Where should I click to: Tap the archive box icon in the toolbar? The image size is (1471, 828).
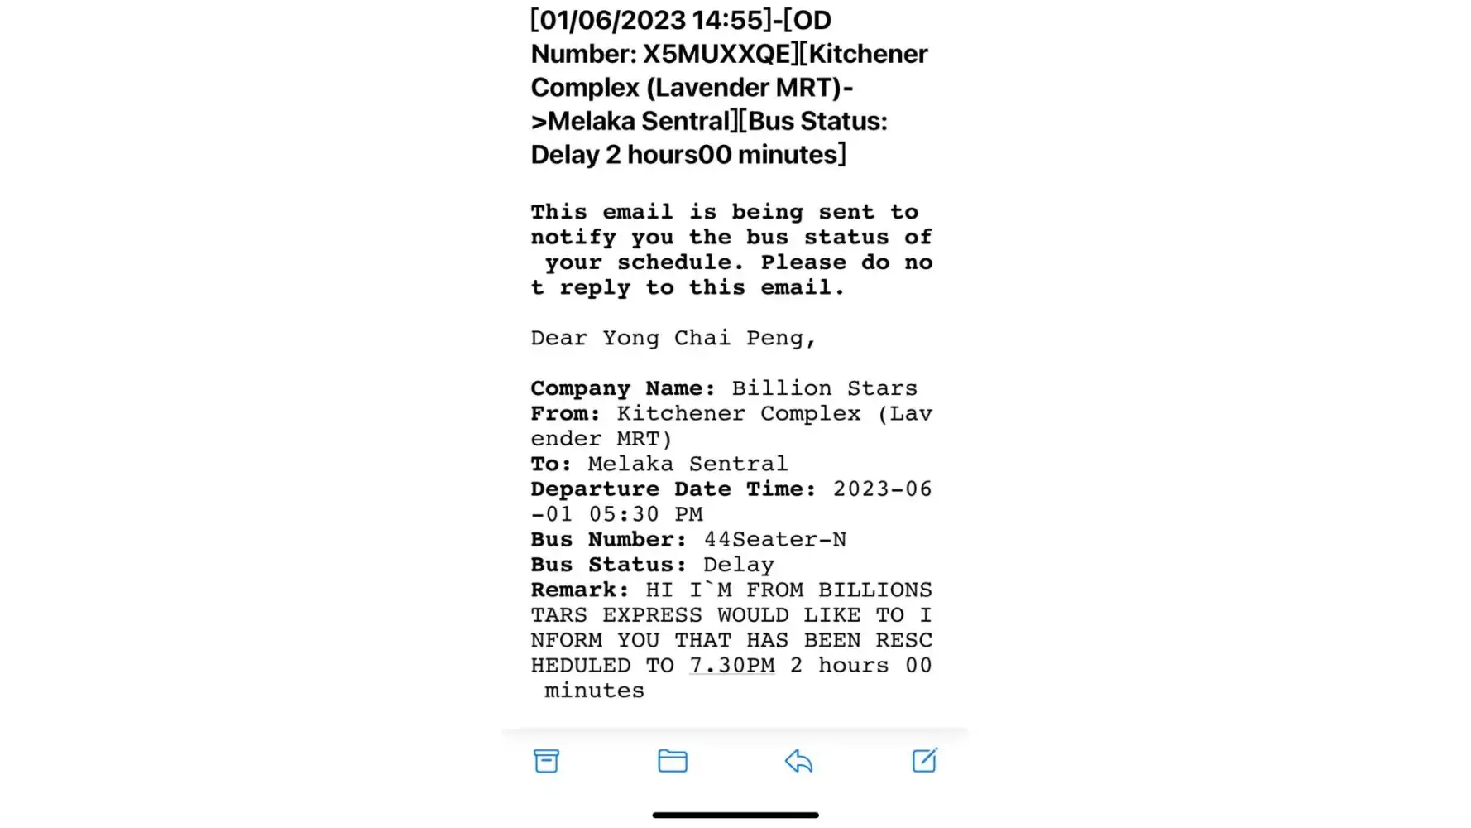546,761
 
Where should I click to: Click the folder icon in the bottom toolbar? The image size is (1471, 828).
672,761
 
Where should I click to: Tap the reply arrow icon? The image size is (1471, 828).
798,761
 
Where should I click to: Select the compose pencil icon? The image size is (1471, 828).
924,760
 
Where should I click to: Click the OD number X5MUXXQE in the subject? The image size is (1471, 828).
717,54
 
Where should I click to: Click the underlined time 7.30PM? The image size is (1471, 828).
732,666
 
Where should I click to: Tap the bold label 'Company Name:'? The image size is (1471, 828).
623,388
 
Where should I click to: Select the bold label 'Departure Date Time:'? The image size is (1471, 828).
673,489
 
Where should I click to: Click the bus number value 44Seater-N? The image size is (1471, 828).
775,540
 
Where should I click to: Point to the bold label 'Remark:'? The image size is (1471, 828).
580,590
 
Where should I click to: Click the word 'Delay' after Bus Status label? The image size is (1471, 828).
739,565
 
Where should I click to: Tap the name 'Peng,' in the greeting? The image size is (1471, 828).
781,338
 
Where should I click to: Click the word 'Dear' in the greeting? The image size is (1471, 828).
558,338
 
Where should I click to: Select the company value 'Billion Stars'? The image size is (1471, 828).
824,388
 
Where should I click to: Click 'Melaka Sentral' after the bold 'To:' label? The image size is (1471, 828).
688,464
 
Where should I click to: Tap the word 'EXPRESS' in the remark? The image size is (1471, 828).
652,615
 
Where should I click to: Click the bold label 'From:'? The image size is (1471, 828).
566,414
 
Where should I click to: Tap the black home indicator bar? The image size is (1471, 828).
735,816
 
